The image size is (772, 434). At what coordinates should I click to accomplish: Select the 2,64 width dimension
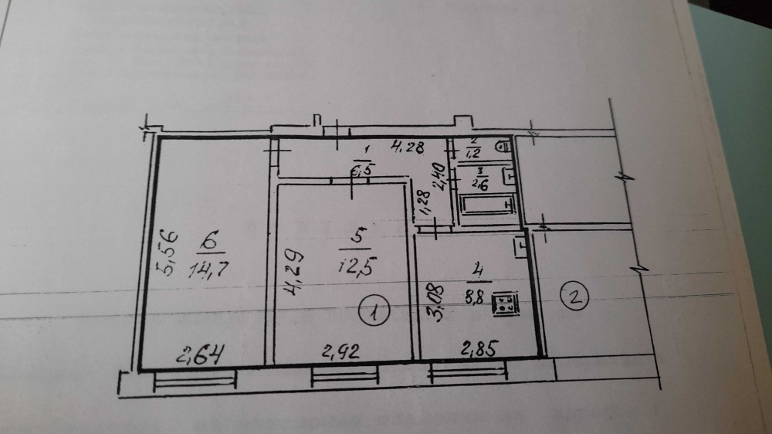click(x=200, y=356)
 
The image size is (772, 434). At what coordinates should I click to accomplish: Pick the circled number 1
click(x=374, y=313)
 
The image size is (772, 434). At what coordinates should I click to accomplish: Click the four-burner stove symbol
click(x=507, y=302)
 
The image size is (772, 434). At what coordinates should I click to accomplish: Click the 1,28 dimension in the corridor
click(x=423, y=203)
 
